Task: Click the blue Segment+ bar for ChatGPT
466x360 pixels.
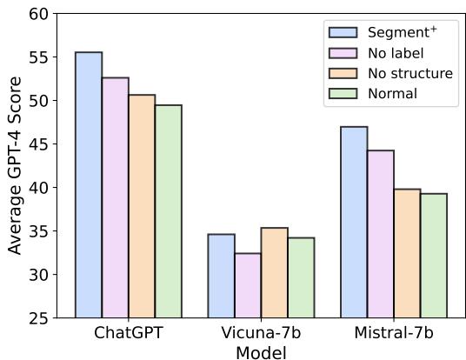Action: pyautogui.click(x=89, y=185)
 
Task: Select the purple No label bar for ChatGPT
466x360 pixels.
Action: pyautogui.click(x=116, y=197)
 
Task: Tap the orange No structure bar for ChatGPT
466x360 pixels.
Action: pyautogui.click(x=142, y=206)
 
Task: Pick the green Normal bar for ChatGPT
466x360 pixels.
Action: pyautogui.click(x=169, y=211)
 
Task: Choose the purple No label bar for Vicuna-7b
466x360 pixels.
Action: pyautogui.click(x=248, y=285)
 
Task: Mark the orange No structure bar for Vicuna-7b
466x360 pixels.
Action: pyautogui.click(x=275, y=273)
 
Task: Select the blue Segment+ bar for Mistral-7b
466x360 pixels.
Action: pyautogui.click(x=354, y=222)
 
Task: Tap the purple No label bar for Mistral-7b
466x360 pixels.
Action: pyautogui.click(x=381, y=234)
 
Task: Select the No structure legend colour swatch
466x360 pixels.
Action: pyautogui.click(x=343, y=73)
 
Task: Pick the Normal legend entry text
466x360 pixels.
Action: pyautogui.click(x=391, y=93)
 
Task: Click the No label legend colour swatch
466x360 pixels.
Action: pyautogui.click(x=343, y=53)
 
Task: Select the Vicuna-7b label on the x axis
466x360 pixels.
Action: pyautogui.click(x=262, y=333)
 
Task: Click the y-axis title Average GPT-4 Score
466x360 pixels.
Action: pyautogui.click(x=15, y=166)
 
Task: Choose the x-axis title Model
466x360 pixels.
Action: pyautogui.click(x=261, y=351)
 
